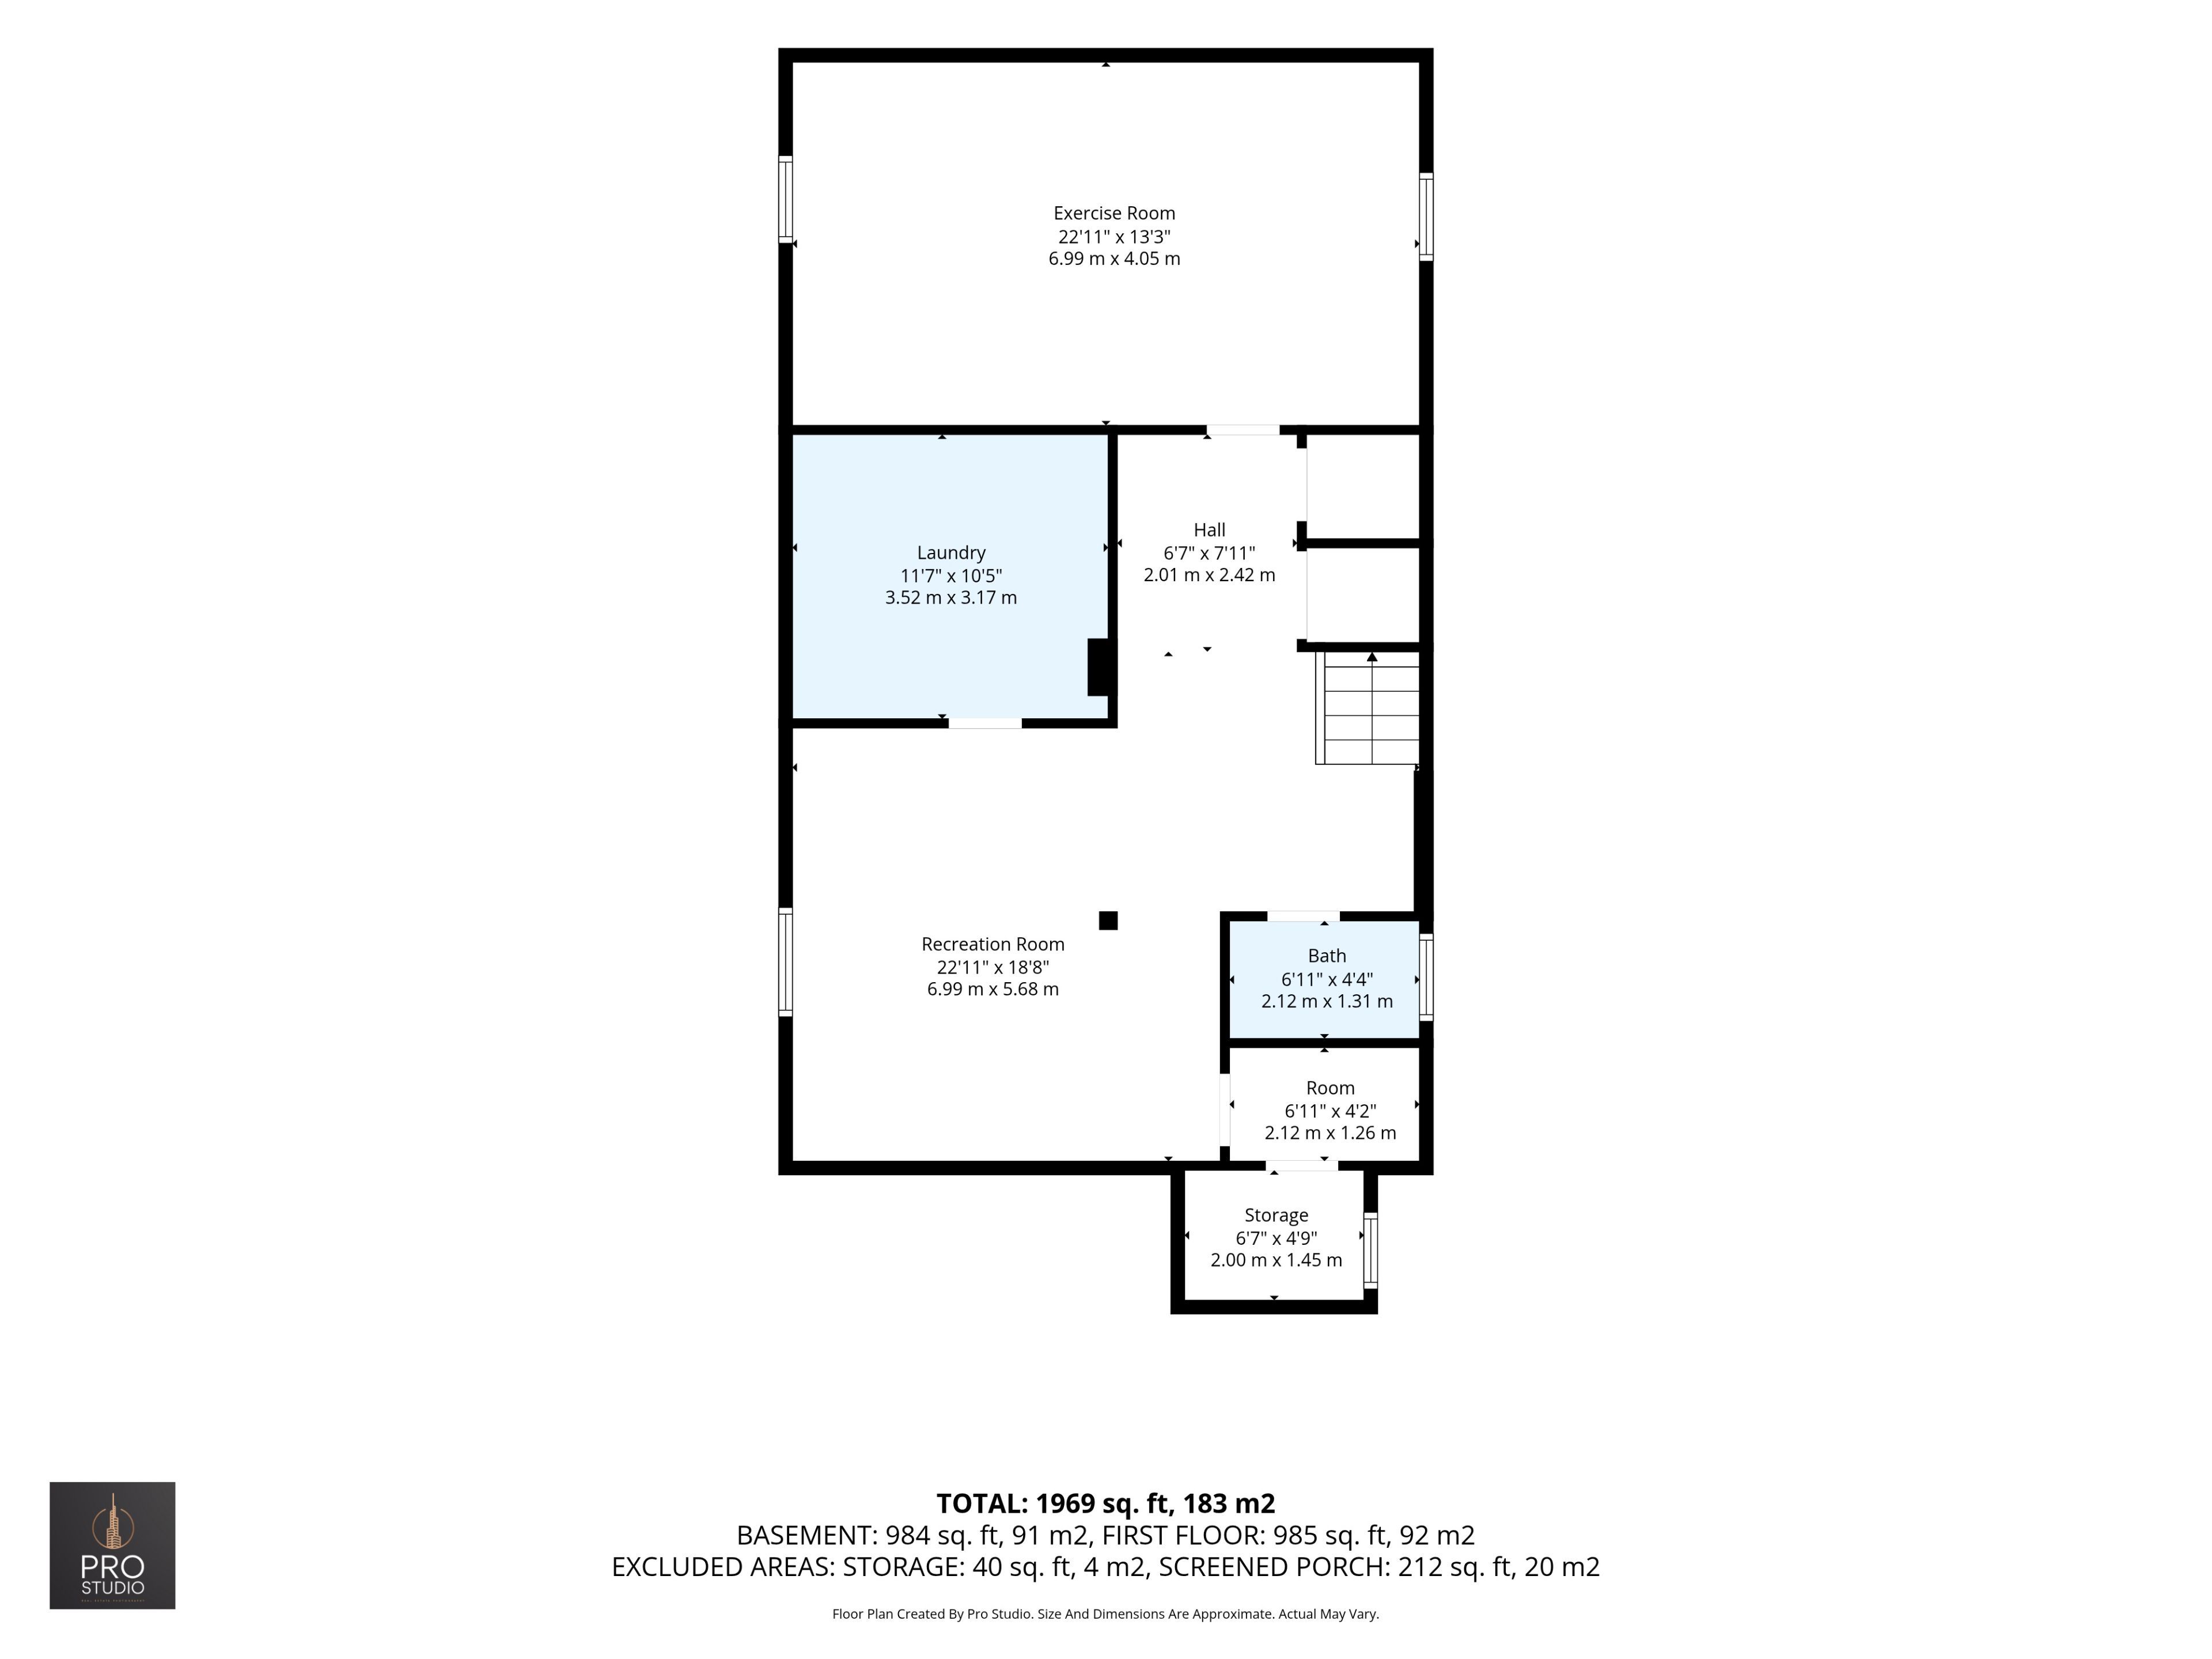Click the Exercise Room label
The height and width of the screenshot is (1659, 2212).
(1114, 213)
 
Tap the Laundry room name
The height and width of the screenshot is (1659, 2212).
(951, 553)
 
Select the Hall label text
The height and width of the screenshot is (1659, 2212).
(1209, 530)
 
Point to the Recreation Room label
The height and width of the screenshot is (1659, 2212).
(993, 944)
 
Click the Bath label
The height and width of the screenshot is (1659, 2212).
(1327, 956)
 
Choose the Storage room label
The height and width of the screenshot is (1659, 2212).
(1276, 1215)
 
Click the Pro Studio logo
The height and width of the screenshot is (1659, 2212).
(113, 1545)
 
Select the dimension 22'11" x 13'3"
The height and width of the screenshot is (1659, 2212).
(1114, 237)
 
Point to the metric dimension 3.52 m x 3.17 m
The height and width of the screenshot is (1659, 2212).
(951, 598)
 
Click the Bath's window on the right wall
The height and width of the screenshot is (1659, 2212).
(1426, 977)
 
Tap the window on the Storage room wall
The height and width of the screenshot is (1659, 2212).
(1371, 1250)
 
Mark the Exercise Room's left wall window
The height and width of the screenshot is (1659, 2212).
(786, 199)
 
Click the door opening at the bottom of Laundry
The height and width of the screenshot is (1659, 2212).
(985, 723)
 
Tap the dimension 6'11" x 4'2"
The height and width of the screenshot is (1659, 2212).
(1330, 1111)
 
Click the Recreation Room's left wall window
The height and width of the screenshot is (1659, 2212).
(786, 962)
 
